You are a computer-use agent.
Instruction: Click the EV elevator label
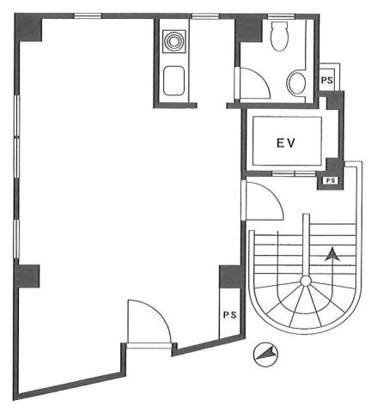pyautogui.click(x=285, y=142)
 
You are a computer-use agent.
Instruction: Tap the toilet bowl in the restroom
pyautogui.click(x=279, y=36)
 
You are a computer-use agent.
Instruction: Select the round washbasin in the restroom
pyautogui.click(x=296, y=83)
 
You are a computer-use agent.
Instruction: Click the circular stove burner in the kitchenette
pyautogui.click(x=173, y=42)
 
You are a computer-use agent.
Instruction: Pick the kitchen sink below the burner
pyautogui.click(x=173, y=81)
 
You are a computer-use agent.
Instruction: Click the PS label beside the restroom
pyautogui.click(x=327, y=80)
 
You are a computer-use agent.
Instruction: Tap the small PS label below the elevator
pyautogui.click(x=331, y=180)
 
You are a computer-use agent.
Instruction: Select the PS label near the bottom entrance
pyautogui.click(x=230, y=315)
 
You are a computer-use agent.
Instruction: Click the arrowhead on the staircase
pyautogui.click(x=332, y=254)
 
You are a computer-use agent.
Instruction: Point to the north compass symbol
pyautogui.click(x=266, y=354)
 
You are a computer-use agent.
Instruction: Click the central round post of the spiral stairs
pyautogui.click(x=306, y=281)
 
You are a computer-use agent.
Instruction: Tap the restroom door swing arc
pyautogui.click(x=260, y=79)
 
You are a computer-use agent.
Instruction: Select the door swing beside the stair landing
pyautogui.click(x=271, y=195)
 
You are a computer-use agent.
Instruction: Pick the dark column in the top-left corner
pyautogui.click(x=29, y=27)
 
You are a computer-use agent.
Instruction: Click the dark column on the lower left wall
pyautogui.click(x=27, y=276)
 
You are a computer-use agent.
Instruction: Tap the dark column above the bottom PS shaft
pyautogui.click(x=230, y=276)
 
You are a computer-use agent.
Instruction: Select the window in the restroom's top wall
pyautogui.click(x=281, y=16)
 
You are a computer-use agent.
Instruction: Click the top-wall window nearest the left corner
pyautogui.click(x=88, y=16)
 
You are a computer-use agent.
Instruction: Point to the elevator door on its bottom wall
pyautogui.click(x=294, y=173)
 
